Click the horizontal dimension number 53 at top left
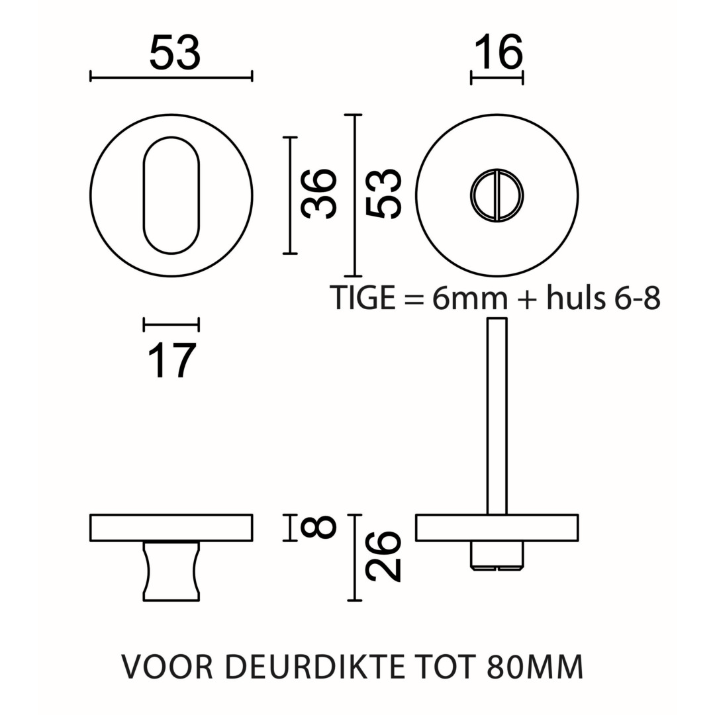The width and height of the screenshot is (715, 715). coord(174,52)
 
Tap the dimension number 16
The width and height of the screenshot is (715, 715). coord(498,52)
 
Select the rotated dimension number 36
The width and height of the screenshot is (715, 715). coord(319,193)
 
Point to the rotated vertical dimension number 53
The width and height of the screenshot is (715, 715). coord(384,193)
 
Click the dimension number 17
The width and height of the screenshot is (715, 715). coord(171,361)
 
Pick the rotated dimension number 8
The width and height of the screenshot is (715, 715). coord(319,528)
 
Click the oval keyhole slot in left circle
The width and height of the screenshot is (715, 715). coord(171,195)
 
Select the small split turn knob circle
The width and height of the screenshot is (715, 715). coord(497,195)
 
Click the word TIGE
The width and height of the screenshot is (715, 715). coord(363,298)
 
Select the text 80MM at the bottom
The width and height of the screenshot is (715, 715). coord(535,667)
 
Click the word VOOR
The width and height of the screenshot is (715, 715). coord(167,667)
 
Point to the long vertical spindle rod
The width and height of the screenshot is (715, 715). coord(497,416)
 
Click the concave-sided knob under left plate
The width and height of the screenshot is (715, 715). coord(171,571)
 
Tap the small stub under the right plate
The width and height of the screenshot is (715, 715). coord(497,555)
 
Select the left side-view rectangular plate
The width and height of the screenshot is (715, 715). coord(171,528)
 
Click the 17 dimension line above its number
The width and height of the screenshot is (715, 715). coord(171,324)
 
